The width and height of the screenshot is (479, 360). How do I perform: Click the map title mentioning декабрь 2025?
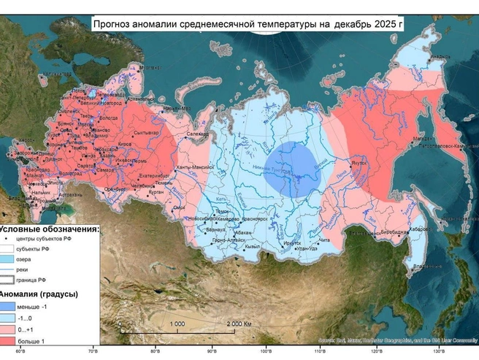[x=248, y=25]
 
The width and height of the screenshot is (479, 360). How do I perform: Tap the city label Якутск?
[x=359, y=165]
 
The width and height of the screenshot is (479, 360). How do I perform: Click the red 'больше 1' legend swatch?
[x=13, y=340]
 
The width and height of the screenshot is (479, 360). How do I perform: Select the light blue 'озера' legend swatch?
[x=13, y=258]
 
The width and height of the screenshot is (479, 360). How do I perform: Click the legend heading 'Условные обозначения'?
[x=50, y=229]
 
